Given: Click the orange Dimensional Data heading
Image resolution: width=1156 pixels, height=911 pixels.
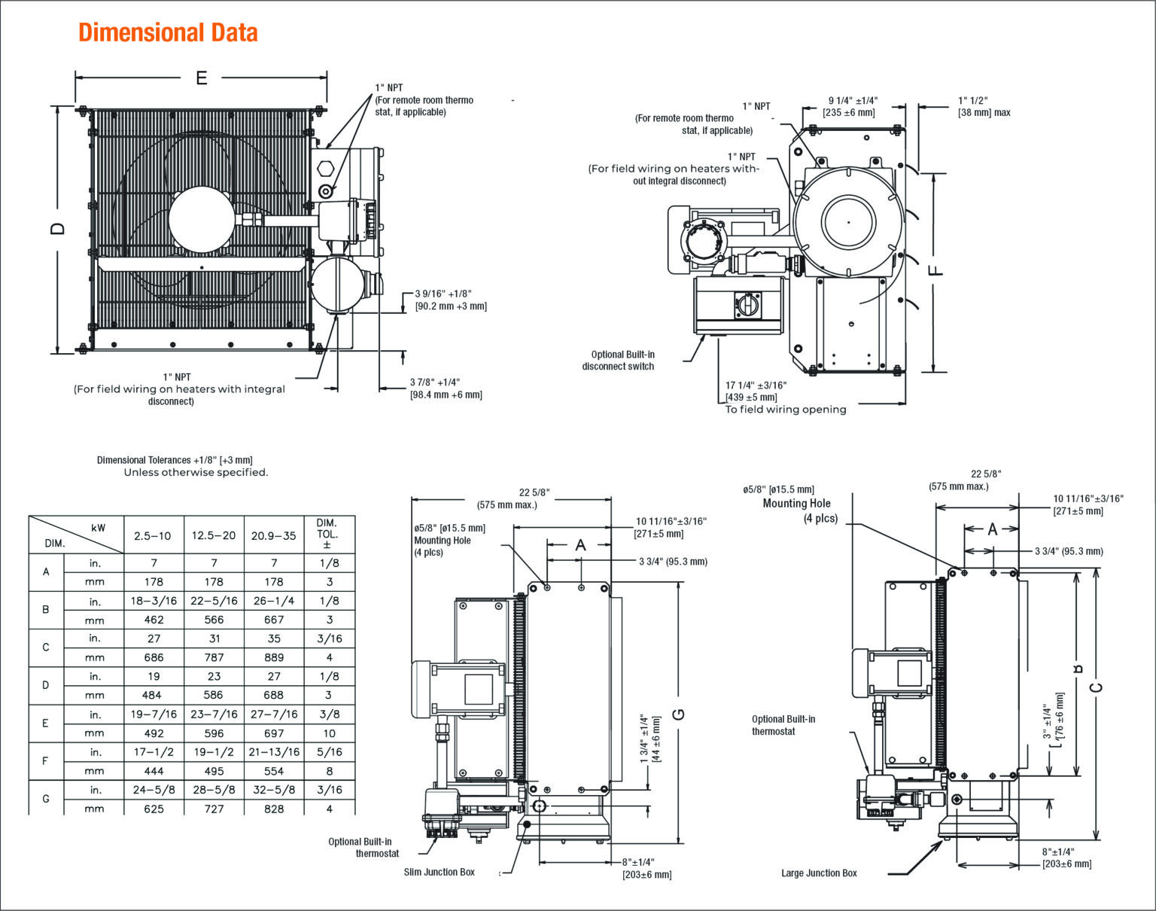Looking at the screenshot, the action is (168, 32).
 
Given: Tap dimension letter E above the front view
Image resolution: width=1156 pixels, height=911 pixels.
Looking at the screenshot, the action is (202, 78).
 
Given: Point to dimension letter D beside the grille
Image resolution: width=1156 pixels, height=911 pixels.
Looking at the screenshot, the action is (57, 229).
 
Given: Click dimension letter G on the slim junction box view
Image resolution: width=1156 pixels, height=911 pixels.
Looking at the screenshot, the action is (679, 714).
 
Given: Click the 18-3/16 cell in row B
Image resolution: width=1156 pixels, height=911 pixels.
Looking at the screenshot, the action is (154, 601).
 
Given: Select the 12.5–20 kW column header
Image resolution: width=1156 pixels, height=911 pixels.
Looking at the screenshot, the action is (214, 536).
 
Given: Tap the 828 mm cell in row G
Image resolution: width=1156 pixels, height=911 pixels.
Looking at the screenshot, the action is (274, 809).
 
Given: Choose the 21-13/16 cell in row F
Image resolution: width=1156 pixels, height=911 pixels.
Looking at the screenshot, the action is (274, 752).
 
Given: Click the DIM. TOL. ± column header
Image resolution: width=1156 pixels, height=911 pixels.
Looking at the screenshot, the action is (327, 534).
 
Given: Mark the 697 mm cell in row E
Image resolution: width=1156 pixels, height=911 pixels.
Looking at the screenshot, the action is (274, 733).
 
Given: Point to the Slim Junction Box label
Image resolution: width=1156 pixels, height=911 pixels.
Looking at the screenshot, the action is (440, 872).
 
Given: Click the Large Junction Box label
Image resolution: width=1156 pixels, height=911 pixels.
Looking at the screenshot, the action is (819, 873).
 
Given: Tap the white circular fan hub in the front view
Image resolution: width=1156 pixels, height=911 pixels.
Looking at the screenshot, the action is (202, 219).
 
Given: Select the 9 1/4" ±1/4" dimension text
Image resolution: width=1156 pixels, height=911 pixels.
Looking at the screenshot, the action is (853, 100).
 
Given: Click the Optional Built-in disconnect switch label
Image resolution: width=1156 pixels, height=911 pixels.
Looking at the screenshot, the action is (619, 360).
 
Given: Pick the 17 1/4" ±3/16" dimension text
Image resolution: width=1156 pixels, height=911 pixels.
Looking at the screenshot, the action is (756, 385).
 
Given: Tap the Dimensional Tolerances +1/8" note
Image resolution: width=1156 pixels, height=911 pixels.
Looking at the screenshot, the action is (175, 460).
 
